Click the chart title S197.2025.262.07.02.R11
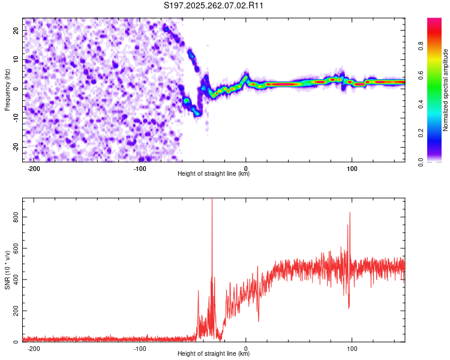pyautogui.click(x=214, y=5)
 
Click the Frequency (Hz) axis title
pyautogui.click(x=7, y=90)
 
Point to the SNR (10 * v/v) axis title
pyautogui.click(x=7, y=270)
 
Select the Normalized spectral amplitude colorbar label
pyautogui.click(x=445, y=90)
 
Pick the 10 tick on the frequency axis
pyautogui.click(x=16, y=59)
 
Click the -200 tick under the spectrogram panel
pyautogui.click(x=34, y=169)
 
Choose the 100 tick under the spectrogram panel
pyautogui.click(x=352, y=169)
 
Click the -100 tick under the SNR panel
pyautogui.click(x=140, y=349)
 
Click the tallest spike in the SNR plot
pyautogui.click(x=212, y=200)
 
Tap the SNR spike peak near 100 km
pyautogui.click(x=349, y=213)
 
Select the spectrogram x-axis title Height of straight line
pyautogui.click(x=214, y=174)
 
